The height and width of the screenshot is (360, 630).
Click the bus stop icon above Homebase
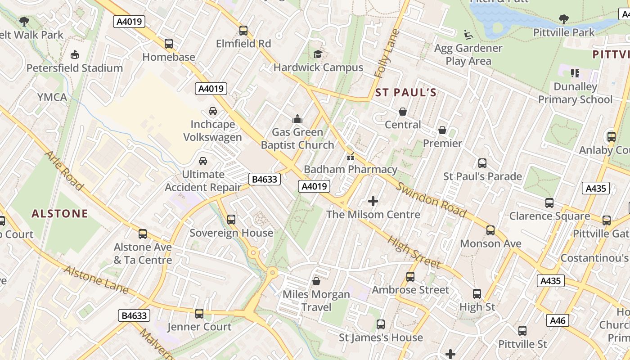pyautogui.click(x=169, y=44)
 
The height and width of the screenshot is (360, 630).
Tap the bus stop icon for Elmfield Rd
pyautogui.click(x=243, y=31)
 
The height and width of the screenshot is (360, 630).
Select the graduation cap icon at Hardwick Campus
pyautogui.click(x=318, y=54)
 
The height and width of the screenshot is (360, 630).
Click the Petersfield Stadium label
pyautogui.click(x=75, y=68)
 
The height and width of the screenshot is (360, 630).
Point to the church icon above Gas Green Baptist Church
pyautogui.click(x=297, y=119)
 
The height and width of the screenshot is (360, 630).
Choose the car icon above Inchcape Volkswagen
pyautogui.click(x=213, y=111)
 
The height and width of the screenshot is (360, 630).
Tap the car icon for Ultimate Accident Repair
pyautogui.click(x=203, y=161)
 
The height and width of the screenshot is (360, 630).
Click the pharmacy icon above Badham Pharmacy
pyautogui.click(x=350, y=157)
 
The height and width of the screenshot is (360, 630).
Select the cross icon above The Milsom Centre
pyautogui.click(x=373, y=201)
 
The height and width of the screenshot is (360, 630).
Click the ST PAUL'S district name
pyautogui.click(x=406, y=93)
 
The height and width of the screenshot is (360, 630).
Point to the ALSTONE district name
pyautogui.click(x=60, y=213)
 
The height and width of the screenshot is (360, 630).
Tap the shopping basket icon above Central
pyautogui.click(x=403, y=112)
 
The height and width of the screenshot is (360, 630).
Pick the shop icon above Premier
pyautogui.click(x=442, y=130)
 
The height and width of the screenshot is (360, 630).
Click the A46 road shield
pyautogui.click(x=558, y=320)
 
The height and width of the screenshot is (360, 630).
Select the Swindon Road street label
pyautogui.click(x=431, y=200)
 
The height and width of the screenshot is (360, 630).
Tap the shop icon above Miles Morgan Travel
pyautogui.click(x=316, y=281)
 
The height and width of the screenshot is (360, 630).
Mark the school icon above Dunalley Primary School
pyautogui.click(x=575, y=73)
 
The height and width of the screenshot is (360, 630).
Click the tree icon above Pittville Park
pyautogui.click(x=563, y=19)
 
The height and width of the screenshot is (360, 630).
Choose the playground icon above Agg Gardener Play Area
pyautogui.click(x=468, y=34)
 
